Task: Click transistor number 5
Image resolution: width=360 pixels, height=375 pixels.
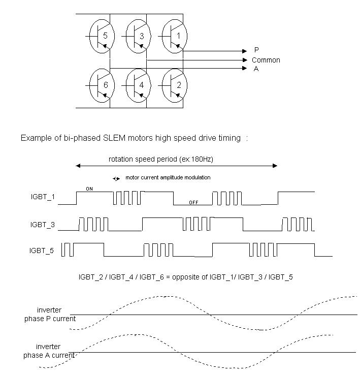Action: pos(102,36)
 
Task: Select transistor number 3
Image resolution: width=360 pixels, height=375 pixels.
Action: pos(139,36)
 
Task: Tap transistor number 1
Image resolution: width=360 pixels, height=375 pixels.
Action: pos(175,36)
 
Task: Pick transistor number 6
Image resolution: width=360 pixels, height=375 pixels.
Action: pos(102,85)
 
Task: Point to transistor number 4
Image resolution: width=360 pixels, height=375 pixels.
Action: pos(139,85)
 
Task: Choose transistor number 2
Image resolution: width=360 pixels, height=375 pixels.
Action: pos(175,85)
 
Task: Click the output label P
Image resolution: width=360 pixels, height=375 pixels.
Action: pos(256,51)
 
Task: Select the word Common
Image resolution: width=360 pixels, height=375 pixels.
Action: pos(266,60)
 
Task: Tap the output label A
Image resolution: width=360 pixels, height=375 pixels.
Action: pos(256,69)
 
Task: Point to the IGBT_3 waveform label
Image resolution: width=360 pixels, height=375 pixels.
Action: pos(42,224)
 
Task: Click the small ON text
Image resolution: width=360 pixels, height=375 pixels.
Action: pos(89,189)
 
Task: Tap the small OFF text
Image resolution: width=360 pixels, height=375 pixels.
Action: pos(193,202)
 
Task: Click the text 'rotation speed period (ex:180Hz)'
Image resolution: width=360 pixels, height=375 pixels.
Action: pos(160,159)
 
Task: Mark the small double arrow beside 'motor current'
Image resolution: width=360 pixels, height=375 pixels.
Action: pos(117,178)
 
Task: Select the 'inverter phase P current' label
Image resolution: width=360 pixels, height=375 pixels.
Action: pos(50,315)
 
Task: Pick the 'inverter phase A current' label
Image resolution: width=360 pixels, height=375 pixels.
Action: pos(49,351)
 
